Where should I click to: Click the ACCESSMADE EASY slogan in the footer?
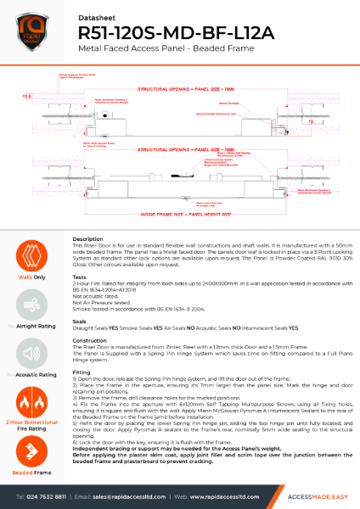tap(302, 495)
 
